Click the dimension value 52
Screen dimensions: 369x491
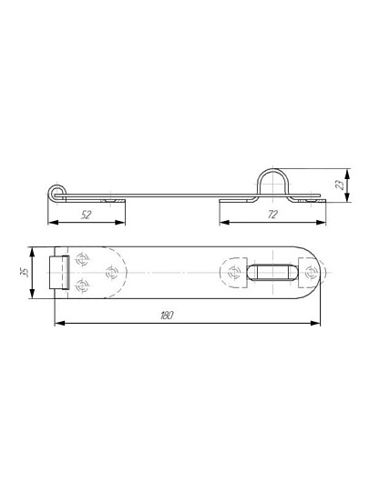pyautogui.click(x=86, y=215)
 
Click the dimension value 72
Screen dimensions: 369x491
pyautogui.click(x=272, y=215)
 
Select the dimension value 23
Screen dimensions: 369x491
pyautogui.click(x=340, y=185)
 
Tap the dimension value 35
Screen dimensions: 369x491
pyautogui.click(x=26, y=272)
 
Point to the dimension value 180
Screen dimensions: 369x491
pyautogui.click(x=167, y=316)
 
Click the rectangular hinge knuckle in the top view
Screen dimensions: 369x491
pyautogui.click(x=59, y=272)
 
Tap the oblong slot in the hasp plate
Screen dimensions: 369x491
pyautogui.click(x=272, y=272)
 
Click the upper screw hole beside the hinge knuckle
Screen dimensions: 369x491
pyautogui.click(x=82, y=259)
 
